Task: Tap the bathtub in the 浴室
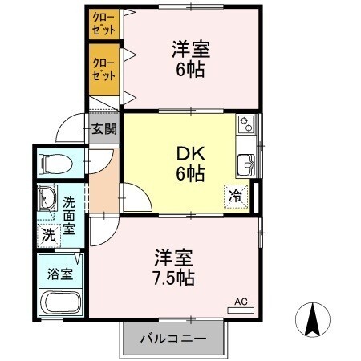(x=60, y=304)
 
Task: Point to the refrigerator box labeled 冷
(x=237, y=195)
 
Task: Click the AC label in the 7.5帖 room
(x=241, y=302)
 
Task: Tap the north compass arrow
(x=313, y=321)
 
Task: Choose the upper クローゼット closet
(x=103, y=22)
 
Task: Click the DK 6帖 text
(x=189, y=163)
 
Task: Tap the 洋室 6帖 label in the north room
(x=191, y=59)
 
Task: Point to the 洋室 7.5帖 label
(x=175, y=269)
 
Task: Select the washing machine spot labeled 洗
(x=48, y=236)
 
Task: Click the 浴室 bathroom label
(x=61, y=273)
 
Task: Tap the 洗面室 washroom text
(x=70, y=216)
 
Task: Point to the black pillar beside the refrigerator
(x=256, y=197)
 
